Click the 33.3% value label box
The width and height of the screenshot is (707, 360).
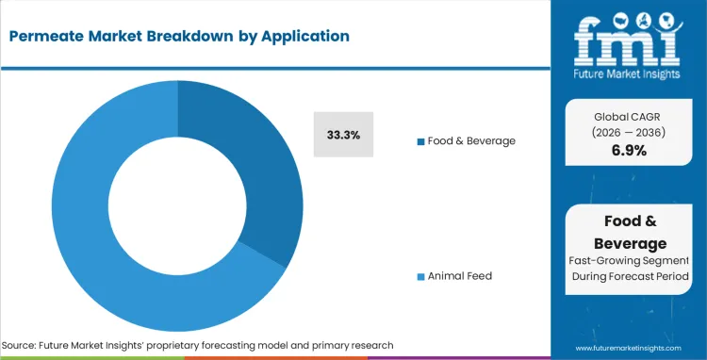(343, 135)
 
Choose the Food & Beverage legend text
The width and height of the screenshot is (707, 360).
(471, 140)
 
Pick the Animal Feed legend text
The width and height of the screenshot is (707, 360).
(459, 276)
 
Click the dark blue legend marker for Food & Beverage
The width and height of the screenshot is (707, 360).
(420, 141)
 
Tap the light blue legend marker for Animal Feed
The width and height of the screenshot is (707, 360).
(420, 276)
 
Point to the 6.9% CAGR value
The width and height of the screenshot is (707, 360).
(629, 150)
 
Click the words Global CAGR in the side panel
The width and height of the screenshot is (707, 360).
(629, 115)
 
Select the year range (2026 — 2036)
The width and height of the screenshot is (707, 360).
(629, 131)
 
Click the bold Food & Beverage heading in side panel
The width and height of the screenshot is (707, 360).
(629, 231)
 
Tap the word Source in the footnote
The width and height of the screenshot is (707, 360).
(21, 345)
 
